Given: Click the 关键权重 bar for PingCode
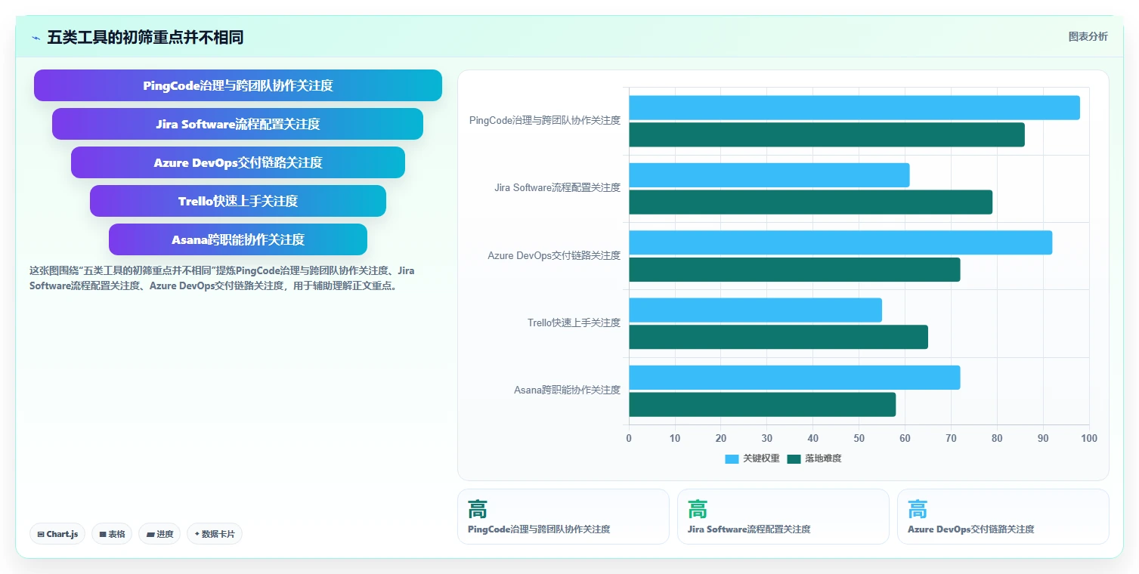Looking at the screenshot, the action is point(854,108).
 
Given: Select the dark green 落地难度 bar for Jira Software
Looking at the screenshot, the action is point(810,202).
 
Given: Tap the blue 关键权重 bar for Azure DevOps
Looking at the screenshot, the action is point(840,242).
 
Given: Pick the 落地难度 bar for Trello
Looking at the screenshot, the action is point(778,337).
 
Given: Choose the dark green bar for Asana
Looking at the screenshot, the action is point(762,404).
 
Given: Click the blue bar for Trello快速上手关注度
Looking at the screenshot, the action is point(756,310).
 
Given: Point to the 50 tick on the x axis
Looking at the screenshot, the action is point(859,438).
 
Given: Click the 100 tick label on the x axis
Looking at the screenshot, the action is point(1088,438).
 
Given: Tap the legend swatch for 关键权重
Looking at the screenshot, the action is point(732,458).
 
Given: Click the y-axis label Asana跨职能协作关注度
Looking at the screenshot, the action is point(567,390).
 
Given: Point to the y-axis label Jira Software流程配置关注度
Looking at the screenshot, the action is point(557,188).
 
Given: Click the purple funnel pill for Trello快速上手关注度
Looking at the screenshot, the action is point(238,201).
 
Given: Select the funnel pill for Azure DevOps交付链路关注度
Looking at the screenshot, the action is point(238,162).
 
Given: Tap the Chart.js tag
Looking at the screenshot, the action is point(57,534).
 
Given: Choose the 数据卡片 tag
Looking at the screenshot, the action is point(215,534).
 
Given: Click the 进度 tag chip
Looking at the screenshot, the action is point(159,534).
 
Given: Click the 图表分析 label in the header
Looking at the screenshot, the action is point(1088,36).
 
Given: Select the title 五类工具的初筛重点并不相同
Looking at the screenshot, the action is point(145,37).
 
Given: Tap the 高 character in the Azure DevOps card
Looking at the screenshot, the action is point(918,509).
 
